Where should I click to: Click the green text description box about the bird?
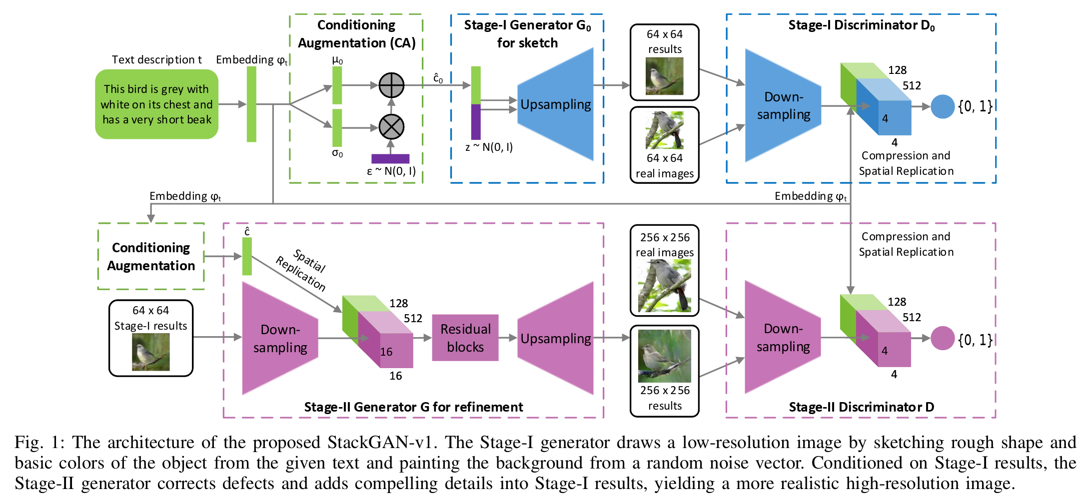(156, 104)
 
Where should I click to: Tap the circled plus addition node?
(391, 85)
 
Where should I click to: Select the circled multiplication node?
(391, 127)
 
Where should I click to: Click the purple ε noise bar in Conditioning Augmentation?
(390, 159)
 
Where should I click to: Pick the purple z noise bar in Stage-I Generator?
(476, 122)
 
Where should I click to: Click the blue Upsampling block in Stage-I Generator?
(555, 104)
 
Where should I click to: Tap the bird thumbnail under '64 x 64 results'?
(664, 76)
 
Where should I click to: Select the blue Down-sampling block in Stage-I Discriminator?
(783, 105)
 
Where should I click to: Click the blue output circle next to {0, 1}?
(943, 106)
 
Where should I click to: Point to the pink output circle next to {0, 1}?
(943, 338)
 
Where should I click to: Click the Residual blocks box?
(465, 338)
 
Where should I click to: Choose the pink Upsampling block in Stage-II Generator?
(555, 338)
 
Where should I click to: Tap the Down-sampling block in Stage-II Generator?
(280, 338)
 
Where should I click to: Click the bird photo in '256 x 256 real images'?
(665, 286)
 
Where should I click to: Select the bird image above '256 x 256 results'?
(665, 356)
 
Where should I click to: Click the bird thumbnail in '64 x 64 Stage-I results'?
(150, 352)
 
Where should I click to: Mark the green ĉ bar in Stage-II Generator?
(247, 256)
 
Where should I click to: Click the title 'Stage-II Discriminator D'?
(861, 407)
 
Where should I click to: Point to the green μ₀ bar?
(337, 85)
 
